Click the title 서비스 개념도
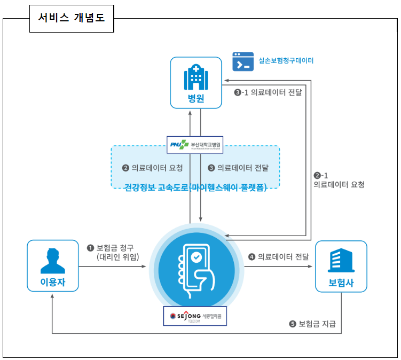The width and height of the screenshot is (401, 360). click(71, 18)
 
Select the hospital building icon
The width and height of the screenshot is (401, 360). click(195, 77)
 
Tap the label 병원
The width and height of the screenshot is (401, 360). click(196, 98)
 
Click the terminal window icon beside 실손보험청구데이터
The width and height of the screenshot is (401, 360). click(243, 61)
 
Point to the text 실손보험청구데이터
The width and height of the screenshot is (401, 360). click(286, 61)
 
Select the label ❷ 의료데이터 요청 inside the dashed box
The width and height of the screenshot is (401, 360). click(153, 168)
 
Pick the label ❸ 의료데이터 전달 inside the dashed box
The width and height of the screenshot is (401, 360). click(238, 168)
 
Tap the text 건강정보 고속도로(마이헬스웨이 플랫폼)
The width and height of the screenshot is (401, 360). click(195, 186)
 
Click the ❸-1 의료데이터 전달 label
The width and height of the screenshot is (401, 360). click(268, 92)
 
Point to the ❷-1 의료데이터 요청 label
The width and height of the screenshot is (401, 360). click(339, 180)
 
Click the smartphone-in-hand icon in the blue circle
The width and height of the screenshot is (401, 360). click(195, 265)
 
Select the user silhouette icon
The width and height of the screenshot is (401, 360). click(52, 260)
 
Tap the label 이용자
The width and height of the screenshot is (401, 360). click(52, 282)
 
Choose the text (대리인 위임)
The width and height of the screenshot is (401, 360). click(117, 257)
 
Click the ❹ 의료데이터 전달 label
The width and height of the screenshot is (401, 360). click(278, 256)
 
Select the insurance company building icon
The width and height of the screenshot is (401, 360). click(341, 260)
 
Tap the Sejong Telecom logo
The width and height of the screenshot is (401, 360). click(195, 316)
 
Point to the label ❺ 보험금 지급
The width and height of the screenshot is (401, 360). click(312, 324)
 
